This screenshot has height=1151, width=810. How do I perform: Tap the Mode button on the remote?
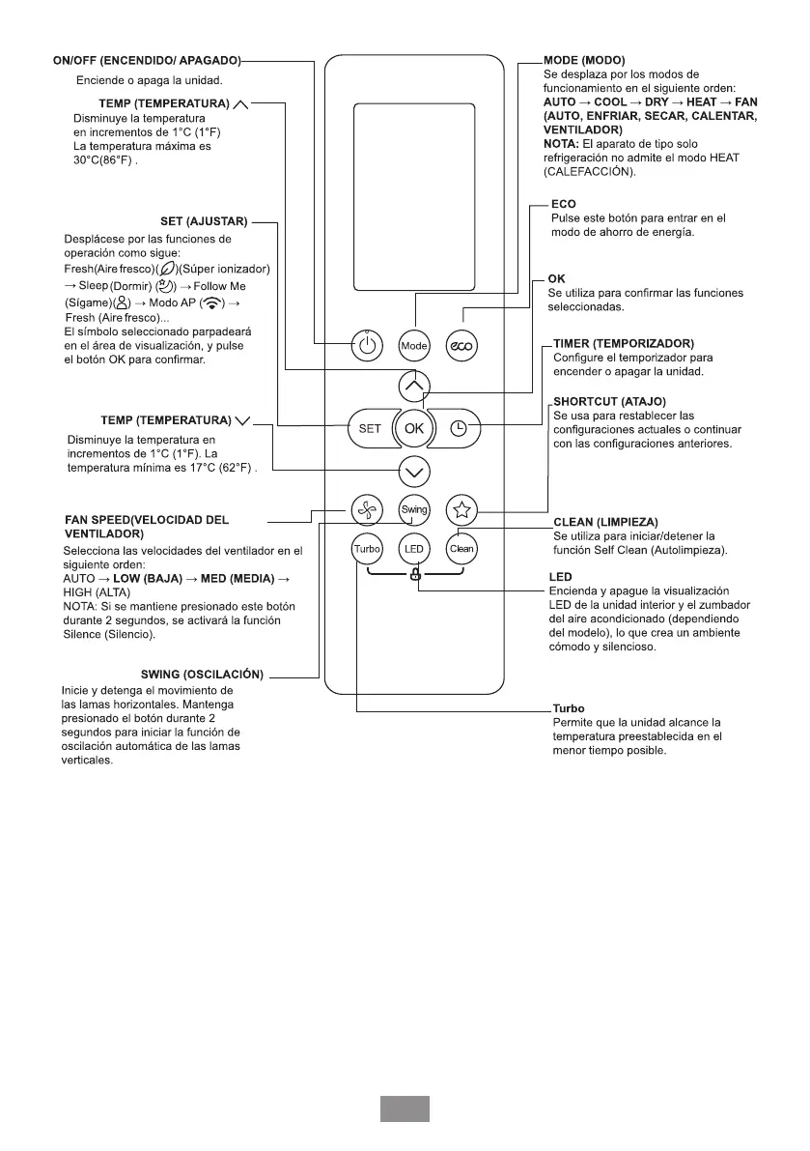(x=414, y=345)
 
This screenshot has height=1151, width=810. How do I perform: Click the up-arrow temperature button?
(x=414, y=386)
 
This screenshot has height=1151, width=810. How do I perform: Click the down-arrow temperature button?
(x=414, y=472)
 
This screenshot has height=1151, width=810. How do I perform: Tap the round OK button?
(x=414, y=428)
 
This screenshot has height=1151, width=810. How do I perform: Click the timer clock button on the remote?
(x=460, y=428)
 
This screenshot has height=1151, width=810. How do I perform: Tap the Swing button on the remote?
(x=414, y=509)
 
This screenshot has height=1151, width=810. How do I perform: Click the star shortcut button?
(x=461, y=509)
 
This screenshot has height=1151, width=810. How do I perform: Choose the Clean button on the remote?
(x=461, y=549)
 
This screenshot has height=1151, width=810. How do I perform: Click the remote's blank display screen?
(x=414, y=196)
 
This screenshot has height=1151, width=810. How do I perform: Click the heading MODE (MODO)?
(x=584, y=61)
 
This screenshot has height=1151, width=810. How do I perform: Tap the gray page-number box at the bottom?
(x=405, y=1108)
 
